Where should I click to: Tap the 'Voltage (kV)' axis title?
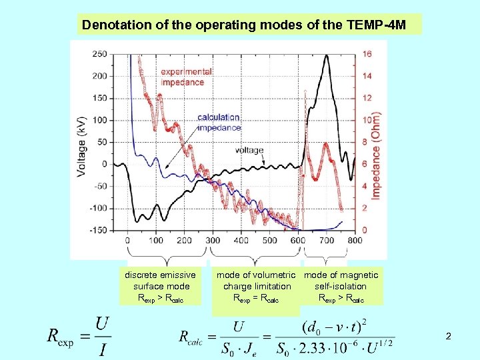pos(81,142)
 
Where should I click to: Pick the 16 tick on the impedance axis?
pos(367,54)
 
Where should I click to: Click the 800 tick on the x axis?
pos(355,240)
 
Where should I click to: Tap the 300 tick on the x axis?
pos(213,240)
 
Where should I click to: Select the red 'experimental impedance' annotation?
pos(186,77)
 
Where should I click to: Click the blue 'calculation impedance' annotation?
pos(219,122)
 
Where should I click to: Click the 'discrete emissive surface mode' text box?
pos(160,287)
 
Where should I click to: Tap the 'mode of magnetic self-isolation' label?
pos(341,287)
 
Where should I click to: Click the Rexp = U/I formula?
pos(79,337)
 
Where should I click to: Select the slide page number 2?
pos(448,337)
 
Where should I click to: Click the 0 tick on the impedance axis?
pos(365,230)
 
